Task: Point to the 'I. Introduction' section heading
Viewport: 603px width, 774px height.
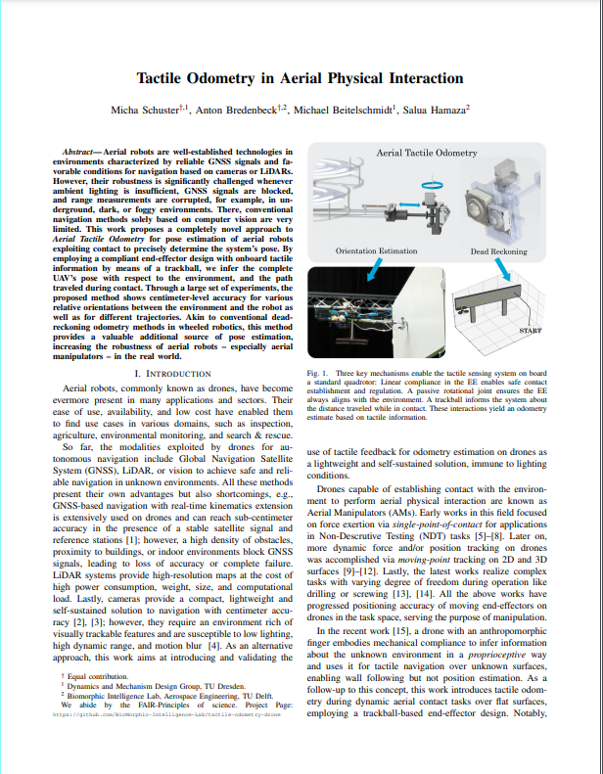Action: tap(170, 374)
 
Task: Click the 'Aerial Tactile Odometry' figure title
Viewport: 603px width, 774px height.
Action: tap(427, 154)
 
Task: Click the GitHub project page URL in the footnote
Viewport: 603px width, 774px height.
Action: tap(166, 714)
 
